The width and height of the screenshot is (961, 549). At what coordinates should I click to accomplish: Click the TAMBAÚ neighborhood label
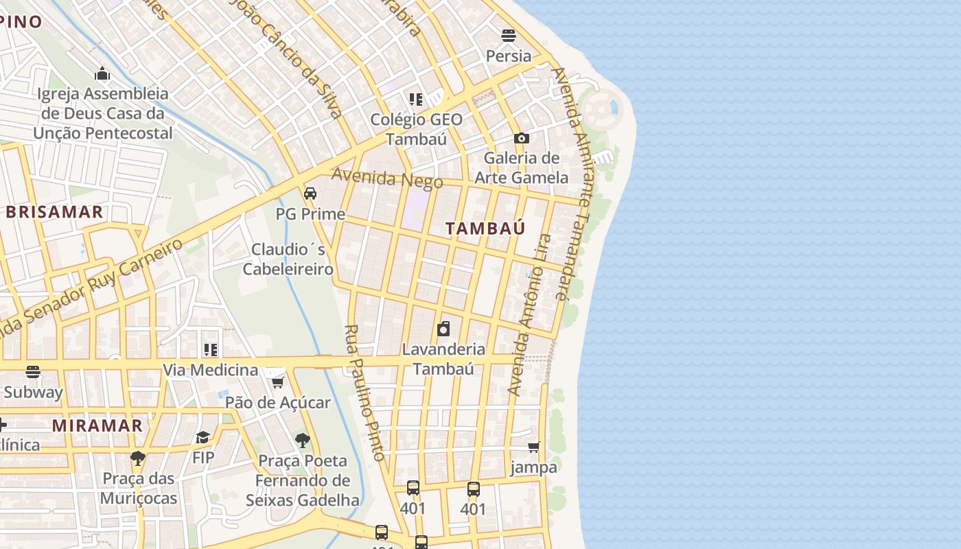[485, 229]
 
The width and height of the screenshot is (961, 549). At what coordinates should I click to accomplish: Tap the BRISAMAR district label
[54, 212]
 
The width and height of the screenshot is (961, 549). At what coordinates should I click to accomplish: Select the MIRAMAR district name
[97, 425]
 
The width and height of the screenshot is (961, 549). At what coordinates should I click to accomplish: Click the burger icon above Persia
[509, 35]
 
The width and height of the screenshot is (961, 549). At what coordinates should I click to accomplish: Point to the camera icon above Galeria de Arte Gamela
[521, 138]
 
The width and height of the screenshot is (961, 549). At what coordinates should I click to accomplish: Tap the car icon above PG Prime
[310, 194]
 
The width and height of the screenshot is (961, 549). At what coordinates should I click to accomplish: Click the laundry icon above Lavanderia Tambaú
[443, 329]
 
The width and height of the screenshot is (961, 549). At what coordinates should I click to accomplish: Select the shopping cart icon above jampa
[533, 447]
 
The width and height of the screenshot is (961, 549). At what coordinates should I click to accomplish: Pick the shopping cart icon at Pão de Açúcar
[278, 382]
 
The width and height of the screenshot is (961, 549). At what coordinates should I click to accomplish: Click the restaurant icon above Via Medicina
[210, 350]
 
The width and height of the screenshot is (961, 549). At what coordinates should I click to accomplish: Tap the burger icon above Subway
[33, 372]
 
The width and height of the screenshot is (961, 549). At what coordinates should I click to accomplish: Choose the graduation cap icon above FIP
[203, 437]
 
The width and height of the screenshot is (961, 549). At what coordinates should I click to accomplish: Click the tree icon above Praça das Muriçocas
[138, 458]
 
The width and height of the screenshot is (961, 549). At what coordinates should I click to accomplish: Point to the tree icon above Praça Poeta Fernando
[302, 440]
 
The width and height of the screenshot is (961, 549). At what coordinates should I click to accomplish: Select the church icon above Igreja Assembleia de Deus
[102, 73]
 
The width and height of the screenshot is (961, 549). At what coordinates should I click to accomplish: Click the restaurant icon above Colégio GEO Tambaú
[415, 100]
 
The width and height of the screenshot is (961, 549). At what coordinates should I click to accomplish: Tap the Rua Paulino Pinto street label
[364, 393]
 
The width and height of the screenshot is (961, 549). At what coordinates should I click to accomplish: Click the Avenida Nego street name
[387, 178]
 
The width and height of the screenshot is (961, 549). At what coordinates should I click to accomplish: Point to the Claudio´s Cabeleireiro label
[288, 259]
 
